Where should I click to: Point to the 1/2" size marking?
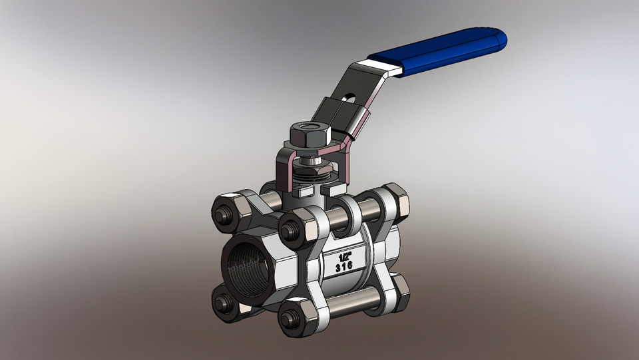click(345, 256)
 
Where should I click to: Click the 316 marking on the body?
click(344, 268)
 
